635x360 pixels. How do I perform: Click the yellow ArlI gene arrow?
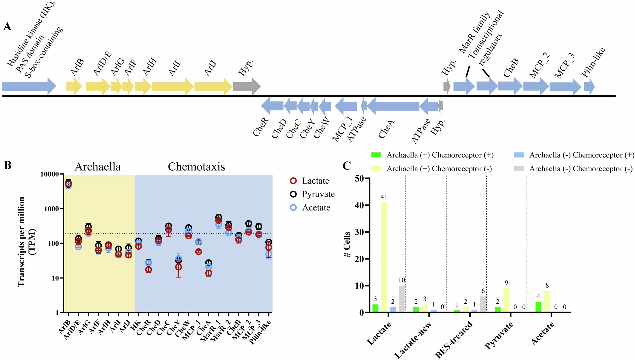(172, 87)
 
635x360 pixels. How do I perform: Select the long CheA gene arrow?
(393, 106)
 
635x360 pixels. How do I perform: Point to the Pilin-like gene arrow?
(589, 87)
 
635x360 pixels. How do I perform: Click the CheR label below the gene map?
(261, 127)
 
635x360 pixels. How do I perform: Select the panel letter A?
(7, 27)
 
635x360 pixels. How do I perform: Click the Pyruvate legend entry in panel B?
(318, 194)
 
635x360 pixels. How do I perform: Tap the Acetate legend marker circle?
(293, 208)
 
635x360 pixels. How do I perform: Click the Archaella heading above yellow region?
(98, 167)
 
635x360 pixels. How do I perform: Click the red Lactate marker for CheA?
(209, 273)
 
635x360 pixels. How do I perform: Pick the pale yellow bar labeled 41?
(384, 257)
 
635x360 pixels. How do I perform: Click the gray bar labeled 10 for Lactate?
(401, 299)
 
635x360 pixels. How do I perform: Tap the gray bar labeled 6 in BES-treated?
(483, 304)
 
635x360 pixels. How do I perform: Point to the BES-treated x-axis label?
(454, 339)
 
